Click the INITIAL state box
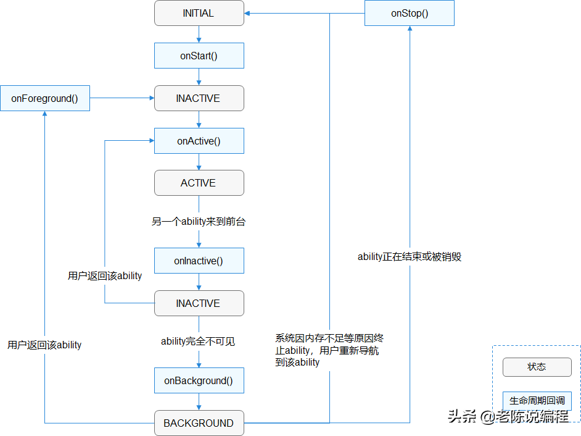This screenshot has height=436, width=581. [199, 13]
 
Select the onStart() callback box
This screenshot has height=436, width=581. [199, 56]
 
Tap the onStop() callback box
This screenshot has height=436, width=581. [410, 13]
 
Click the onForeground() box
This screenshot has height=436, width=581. [44, 98]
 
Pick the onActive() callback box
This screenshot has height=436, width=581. [199, 141]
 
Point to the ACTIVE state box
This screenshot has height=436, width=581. [199, 183]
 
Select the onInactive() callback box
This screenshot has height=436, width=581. [199, 261]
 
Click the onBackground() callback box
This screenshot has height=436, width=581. [199, 380]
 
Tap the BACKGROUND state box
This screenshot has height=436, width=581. [199, 423]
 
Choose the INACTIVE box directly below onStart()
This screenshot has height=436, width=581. [199, 98]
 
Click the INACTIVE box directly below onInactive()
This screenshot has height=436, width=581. [199, 303]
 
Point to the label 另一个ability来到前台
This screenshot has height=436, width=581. [199, 222]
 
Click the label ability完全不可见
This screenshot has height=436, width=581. [199, 341]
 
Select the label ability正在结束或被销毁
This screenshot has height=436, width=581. [410, 257]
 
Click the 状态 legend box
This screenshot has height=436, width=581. [537, 367]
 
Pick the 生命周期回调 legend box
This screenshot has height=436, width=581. [537, 401]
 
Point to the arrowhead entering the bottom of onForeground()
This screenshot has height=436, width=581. [44, 114]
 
